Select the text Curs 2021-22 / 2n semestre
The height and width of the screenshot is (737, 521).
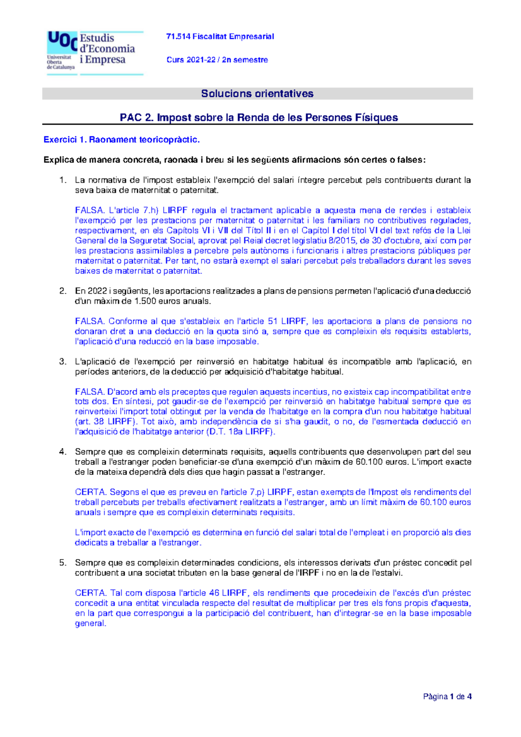click(x=217, y=60)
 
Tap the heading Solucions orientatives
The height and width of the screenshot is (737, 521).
click(x=257, y=94)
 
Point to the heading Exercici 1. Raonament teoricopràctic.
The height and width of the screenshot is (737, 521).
click(x=122, y=140)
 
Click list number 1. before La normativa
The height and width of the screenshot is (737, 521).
click(x=63, y=180)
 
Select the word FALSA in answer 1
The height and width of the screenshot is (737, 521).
click(x=89, y=211)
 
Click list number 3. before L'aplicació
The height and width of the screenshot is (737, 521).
click(x=63, y=362)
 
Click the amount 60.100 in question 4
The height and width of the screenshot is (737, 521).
click(x=369, y=462)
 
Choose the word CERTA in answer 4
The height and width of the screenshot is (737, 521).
click(x=90, y=492)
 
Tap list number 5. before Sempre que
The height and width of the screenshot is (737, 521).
click(x=63, y=563)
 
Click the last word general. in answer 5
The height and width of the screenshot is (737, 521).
click(x=90, y=624)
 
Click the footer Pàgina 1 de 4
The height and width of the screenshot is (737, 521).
click(x=447, y=697)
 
